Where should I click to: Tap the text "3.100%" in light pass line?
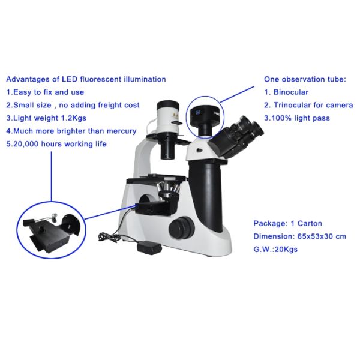pos(280,118)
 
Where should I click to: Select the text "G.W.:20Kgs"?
pos(275,249)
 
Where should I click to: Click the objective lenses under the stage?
pos(169,191)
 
